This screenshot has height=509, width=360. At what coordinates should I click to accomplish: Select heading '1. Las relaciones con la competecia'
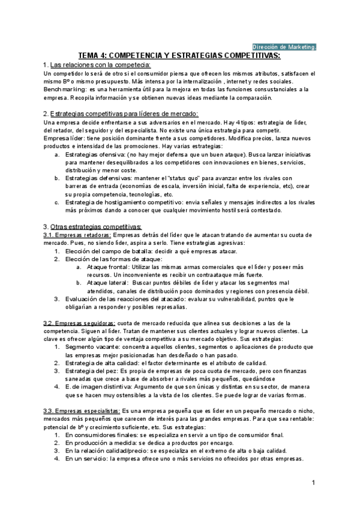pyautogui.click(x=97, y=64)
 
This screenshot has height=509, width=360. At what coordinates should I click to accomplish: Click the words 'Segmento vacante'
pyautogui.click(x=90, y=347)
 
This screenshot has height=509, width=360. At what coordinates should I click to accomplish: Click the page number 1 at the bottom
pyautogui.click(x=314, y=483)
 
